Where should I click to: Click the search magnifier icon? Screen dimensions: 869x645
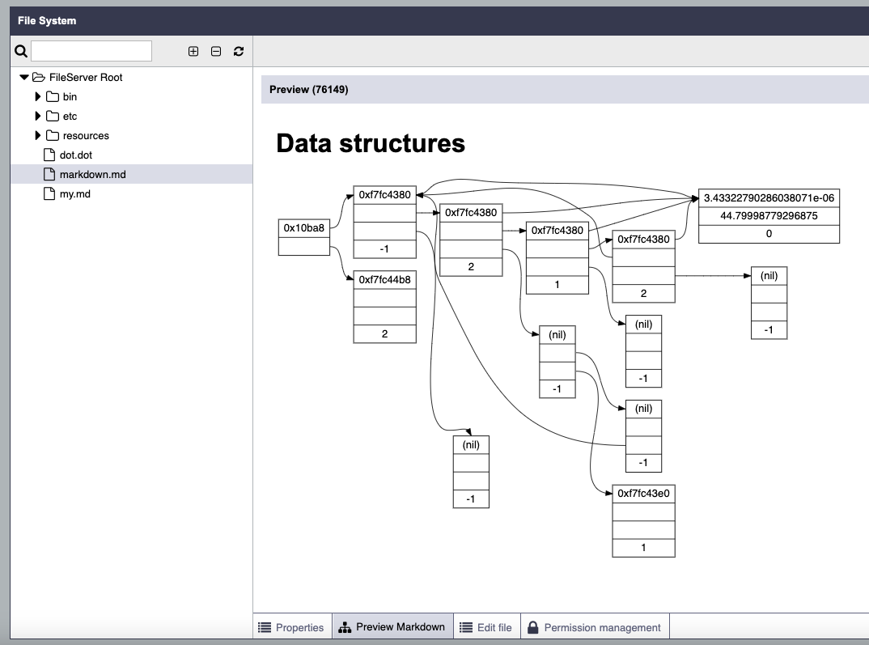coord(21,51)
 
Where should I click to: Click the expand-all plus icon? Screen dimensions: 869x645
coord(193,51)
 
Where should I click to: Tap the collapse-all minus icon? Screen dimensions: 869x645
coord(216,51)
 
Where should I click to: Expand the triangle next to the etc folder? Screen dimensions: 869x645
coord(38,116)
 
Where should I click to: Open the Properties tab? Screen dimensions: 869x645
coord(292,626)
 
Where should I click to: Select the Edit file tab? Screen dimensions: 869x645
coord(486,626)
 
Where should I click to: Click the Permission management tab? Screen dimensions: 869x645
coord(595,626)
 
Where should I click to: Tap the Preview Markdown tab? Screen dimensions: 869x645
coord(392,626)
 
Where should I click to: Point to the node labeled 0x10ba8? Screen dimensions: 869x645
coord(303,227)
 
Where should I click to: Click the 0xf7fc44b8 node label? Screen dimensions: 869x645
coord(384,279)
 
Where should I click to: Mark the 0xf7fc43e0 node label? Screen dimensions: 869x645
coord(643,493)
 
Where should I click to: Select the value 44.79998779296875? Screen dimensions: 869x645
coord(769,215)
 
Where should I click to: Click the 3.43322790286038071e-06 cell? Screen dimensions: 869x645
coord(769,197)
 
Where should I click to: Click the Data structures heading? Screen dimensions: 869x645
coord(371,143)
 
